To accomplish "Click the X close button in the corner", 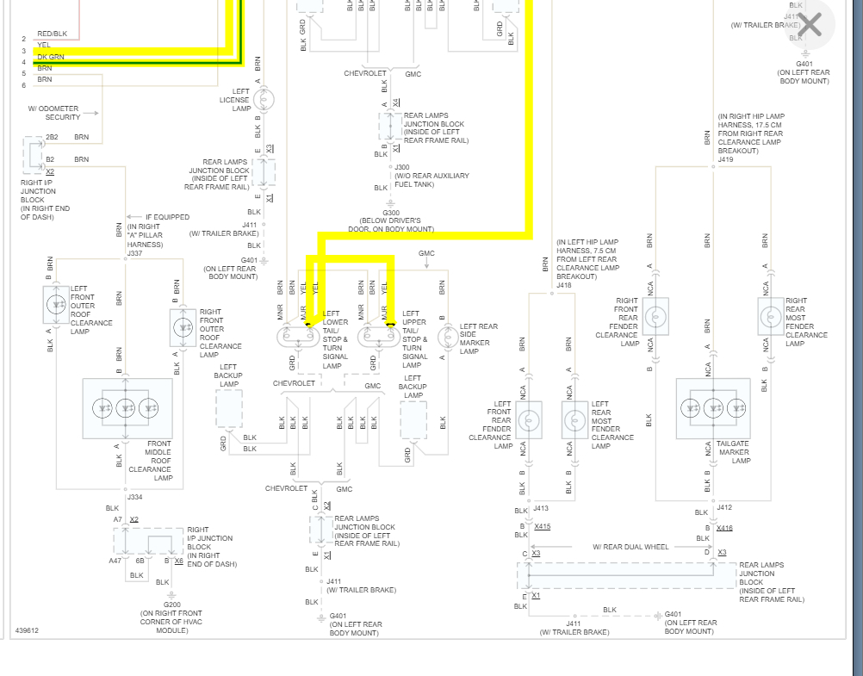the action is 810,25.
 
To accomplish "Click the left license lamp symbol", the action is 264,100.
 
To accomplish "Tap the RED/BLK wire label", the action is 52,34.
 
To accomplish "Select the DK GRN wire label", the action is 51,57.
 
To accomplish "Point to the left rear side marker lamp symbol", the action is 448,336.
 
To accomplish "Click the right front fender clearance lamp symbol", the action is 656,318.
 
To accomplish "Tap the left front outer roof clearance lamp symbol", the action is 57,303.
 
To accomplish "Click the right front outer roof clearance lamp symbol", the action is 183,327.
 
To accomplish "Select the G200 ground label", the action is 172,605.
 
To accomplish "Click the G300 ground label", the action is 391,213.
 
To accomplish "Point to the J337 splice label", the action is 134,253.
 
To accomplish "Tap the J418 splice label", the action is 564,285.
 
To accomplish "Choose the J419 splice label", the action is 725,159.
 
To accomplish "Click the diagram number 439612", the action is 27,631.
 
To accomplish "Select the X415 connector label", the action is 542,526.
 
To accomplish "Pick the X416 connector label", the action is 724,528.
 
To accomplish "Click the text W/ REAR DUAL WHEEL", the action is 630,547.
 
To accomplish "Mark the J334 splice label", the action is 134,497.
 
